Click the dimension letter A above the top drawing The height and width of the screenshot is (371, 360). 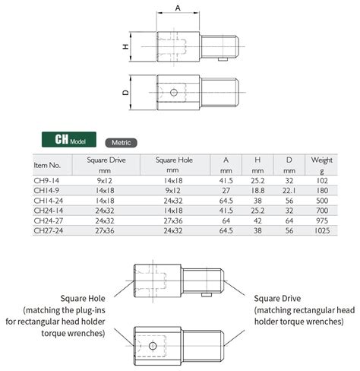click(179, 7)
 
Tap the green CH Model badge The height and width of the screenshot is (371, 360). click(69, 141)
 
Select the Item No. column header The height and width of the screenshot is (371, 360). click(47, 164)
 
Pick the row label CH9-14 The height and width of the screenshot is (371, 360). click(48, 181)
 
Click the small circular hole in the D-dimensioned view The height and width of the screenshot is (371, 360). click(174, 92)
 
